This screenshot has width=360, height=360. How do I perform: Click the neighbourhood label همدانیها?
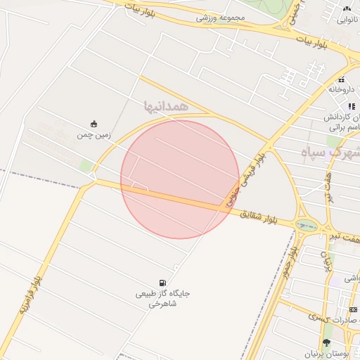[167, 105]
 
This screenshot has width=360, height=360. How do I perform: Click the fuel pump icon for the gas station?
[164, 283]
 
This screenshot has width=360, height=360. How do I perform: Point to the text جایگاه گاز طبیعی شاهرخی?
[163, 299]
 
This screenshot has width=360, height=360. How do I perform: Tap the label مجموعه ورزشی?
[220, 17]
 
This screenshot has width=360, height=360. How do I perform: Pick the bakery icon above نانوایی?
[346, 8]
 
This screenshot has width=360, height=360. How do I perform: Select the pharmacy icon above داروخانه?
[342, 79]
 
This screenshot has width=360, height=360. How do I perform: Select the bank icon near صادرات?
[353, 309]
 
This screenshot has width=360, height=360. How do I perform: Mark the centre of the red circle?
[180, 179]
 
